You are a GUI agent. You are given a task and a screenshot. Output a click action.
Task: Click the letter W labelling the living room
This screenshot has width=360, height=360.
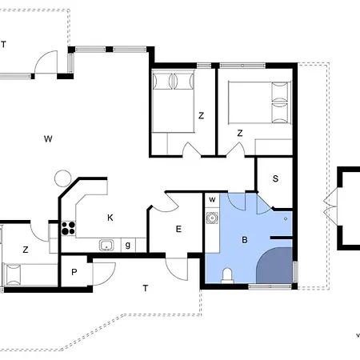pos(48,138)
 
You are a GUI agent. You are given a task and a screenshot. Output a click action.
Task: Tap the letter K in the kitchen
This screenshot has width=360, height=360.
pos(110,218)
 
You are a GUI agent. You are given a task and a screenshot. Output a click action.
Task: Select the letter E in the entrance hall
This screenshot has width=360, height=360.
pos(178,229)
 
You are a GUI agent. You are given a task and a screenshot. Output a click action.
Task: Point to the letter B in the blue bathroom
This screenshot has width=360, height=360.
pos(245,240)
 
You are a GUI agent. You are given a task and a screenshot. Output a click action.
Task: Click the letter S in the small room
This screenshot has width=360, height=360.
pos(275,178)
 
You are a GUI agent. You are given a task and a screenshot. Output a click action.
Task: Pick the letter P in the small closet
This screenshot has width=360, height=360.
pos(74,272)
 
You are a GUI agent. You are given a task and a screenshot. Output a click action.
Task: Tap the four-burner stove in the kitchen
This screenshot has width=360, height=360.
pos(68,228)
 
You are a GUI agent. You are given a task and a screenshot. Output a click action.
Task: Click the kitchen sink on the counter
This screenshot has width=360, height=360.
pos(106,245)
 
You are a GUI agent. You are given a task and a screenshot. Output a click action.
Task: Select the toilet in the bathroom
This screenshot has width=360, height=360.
pos(227,276)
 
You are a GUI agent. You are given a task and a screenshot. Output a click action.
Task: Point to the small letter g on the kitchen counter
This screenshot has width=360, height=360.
pos(128,245)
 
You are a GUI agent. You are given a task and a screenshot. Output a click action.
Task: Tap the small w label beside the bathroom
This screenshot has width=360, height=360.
pos(212,199)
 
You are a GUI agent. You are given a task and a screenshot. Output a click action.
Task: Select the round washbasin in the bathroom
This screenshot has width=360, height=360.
pos(212,218)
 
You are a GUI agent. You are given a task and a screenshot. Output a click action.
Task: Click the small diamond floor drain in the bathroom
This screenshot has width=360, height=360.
pos(286,219)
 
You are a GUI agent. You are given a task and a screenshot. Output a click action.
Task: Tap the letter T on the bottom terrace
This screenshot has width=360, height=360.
pos(146,288)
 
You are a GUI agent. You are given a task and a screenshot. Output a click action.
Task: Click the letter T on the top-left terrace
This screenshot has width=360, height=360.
pos(3,44)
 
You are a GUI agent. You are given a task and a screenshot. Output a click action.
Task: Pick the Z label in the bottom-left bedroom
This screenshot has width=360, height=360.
pos(26,250)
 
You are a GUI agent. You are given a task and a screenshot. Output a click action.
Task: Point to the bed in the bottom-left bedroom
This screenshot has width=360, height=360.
pos(30,274)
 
